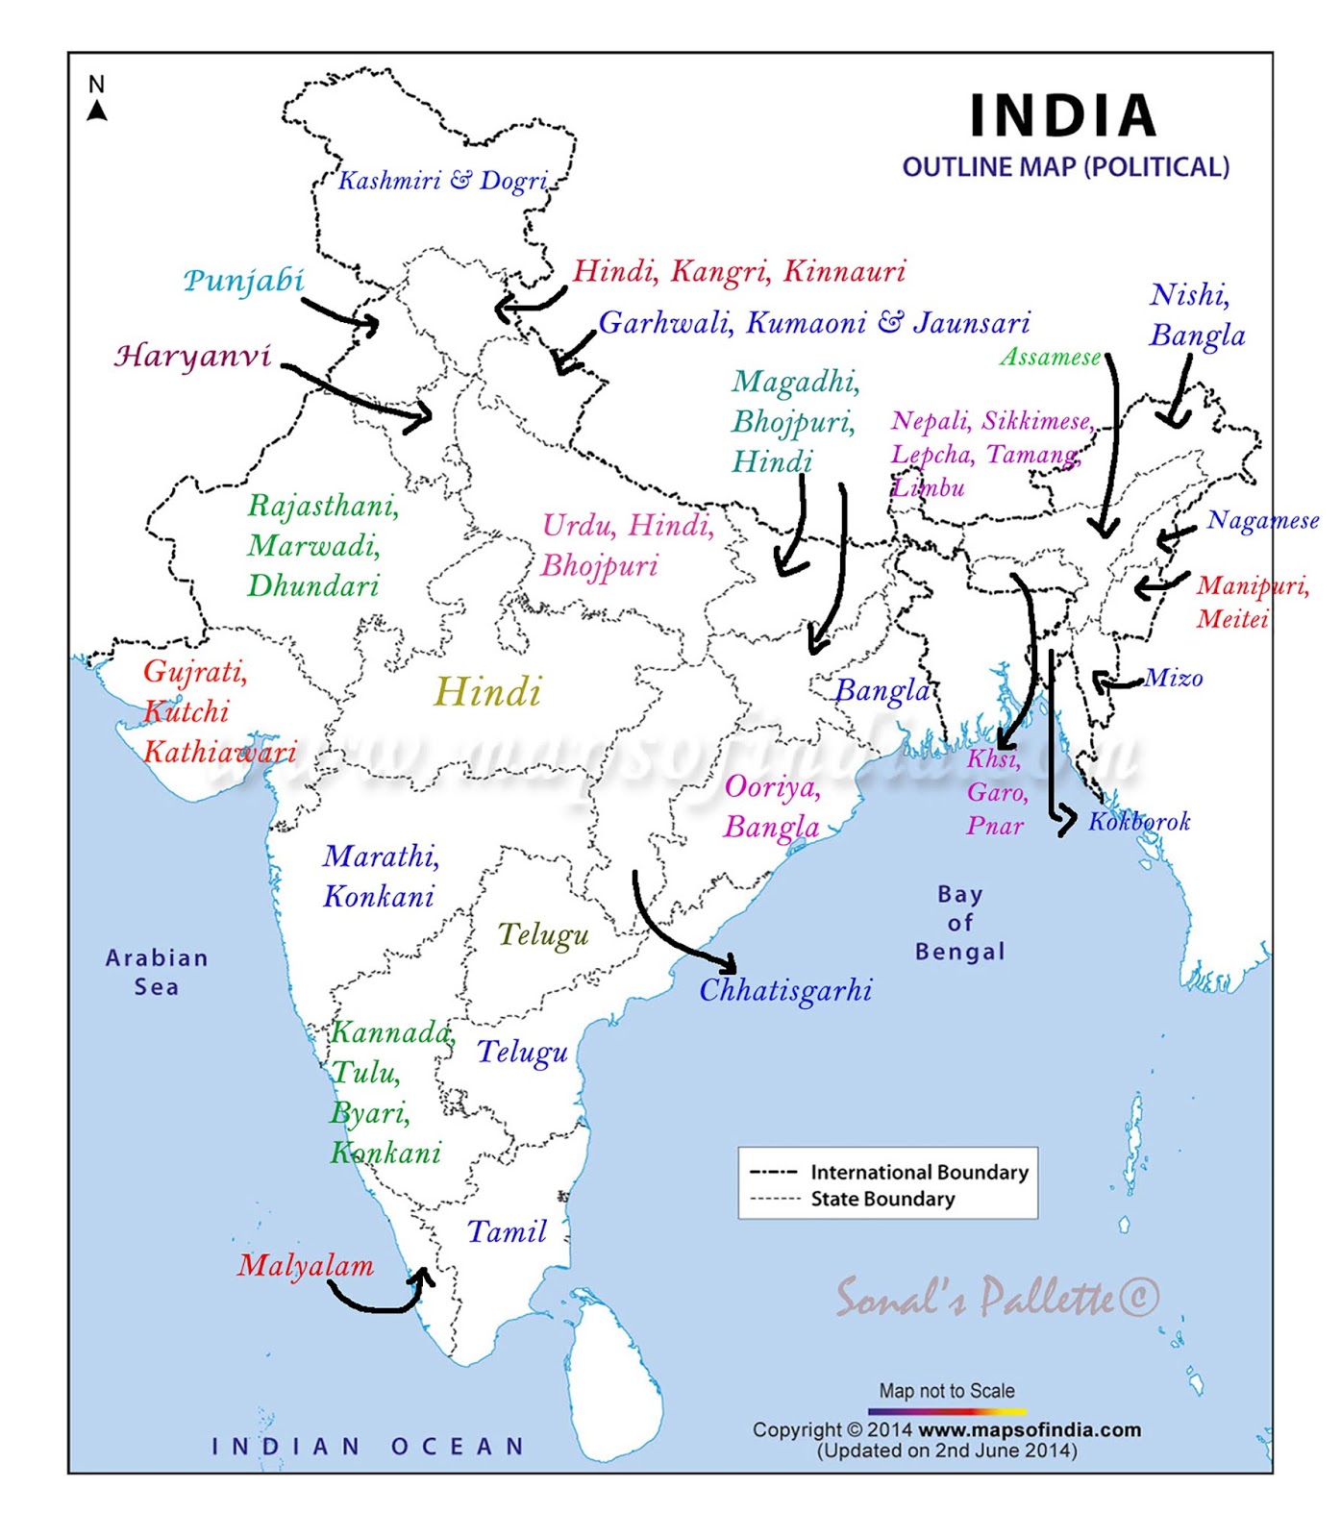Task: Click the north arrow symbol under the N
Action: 97,112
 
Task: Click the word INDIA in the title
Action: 1063,116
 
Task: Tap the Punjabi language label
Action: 244,281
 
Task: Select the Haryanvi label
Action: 193,357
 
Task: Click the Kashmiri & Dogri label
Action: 443,181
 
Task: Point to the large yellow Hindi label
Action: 488,692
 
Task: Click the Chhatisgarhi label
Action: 785,990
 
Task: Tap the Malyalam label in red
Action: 306,1266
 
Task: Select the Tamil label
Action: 507,1231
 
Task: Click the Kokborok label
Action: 1139,822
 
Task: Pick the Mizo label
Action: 1174,679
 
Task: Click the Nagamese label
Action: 1263,521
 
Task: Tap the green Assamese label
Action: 1051,358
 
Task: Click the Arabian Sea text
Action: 157,972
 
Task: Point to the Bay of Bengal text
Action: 959,923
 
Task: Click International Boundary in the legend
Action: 919,1172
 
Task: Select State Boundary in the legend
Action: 882,1199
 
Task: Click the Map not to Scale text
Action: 947,1391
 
